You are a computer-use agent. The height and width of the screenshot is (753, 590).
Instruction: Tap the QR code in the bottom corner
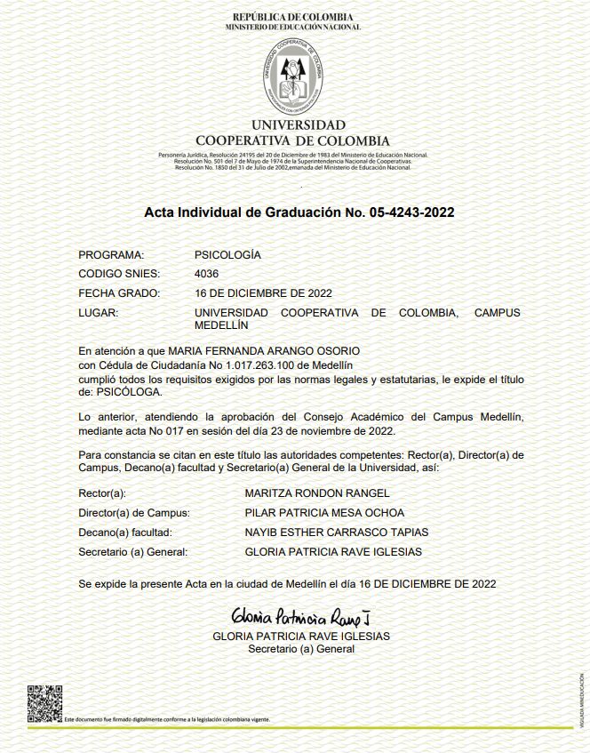(44, 702)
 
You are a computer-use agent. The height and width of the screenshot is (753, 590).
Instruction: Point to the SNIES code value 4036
(206, 273)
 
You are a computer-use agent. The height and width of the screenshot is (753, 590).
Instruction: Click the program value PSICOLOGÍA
(227, 254)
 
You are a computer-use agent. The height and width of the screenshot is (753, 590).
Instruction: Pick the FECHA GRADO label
(119, 292)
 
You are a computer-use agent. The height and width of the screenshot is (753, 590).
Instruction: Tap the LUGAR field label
(98, 313)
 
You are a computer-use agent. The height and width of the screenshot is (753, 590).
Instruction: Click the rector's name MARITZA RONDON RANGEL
(317, 493)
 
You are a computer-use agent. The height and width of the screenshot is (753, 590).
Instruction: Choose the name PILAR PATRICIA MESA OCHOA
(324, 513)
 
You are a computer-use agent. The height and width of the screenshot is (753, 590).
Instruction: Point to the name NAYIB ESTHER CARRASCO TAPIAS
(336, 533)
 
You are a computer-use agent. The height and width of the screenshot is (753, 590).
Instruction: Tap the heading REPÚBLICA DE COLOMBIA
(292, 17)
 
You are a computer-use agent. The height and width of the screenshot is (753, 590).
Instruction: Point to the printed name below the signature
(301, 637)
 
